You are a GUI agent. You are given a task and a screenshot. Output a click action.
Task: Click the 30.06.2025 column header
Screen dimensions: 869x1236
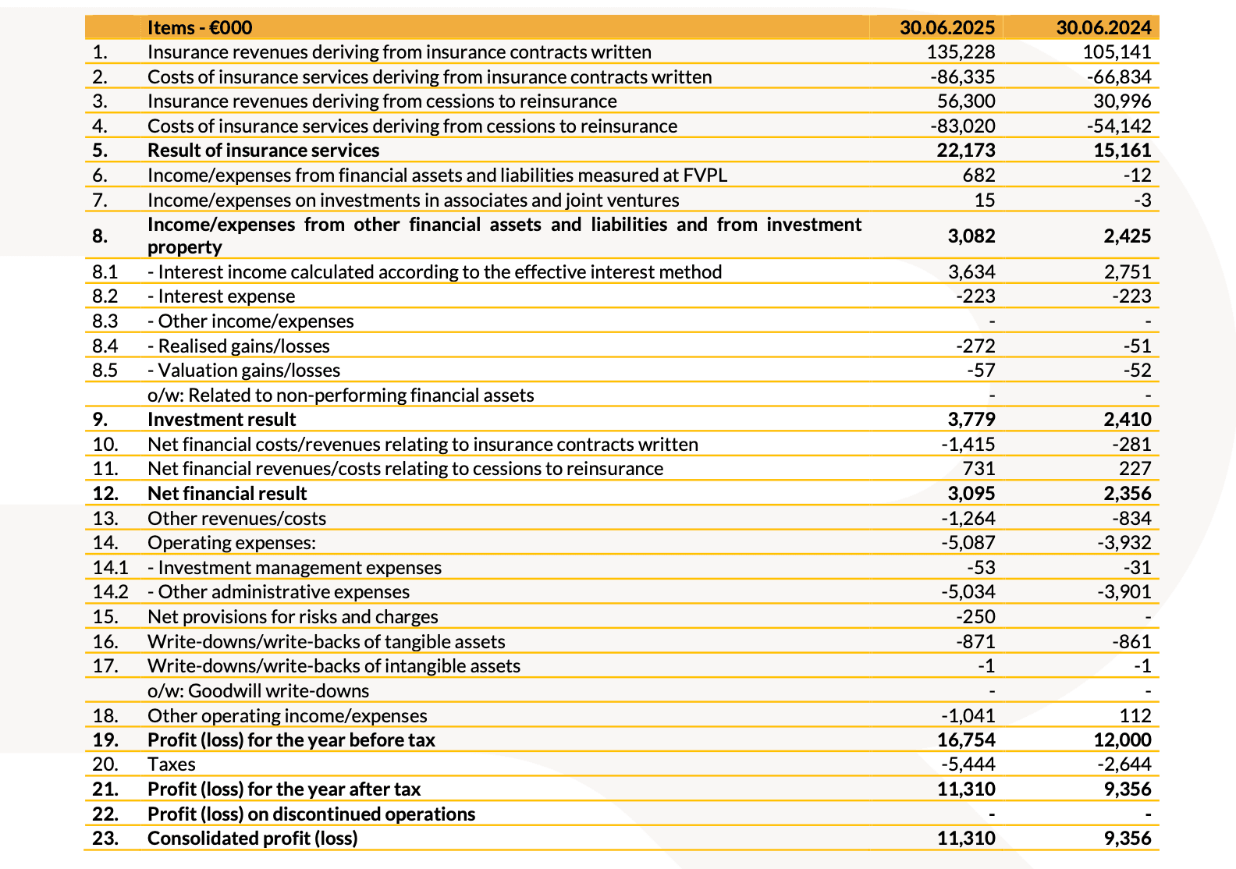click(947, 28)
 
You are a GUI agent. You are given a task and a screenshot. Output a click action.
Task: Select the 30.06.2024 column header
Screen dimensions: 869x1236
click(1103, 28)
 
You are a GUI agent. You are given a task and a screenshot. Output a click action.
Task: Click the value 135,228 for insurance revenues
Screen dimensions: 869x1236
click(961, 52)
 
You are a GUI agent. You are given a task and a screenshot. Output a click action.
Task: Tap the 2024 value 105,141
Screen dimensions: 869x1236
click(1117, 52)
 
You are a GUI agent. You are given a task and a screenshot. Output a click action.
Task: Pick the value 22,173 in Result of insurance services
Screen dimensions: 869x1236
click(965, 151)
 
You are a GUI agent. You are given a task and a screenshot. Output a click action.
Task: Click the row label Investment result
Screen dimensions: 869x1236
click(222, 420)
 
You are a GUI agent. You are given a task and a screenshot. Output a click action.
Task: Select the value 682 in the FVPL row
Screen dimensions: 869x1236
click(978, 176)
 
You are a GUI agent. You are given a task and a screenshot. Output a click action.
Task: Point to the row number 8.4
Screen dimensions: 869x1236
click(105, 346)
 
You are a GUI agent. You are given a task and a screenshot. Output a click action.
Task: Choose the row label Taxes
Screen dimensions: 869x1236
click(171, 764)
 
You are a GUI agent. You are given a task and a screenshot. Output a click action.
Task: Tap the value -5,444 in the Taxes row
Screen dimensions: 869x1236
click(968, 764)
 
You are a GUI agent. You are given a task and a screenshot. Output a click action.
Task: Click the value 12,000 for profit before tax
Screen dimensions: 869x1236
click(1121, 740)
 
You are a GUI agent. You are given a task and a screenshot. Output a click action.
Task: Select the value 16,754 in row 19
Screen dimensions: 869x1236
click(965, 740)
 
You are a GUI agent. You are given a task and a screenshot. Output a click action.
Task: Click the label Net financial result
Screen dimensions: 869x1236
click(227, 494)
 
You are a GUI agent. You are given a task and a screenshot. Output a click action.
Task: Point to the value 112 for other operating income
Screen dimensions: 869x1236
click(1135, 715)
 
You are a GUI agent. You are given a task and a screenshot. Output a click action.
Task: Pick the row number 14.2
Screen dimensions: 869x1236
click(110, 592)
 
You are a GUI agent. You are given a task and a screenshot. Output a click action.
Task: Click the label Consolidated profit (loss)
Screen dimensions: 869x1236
click(252, 839)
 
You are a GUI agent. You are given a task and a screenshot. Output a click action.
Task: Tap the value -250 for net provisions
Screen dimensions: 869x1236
click(975, 617)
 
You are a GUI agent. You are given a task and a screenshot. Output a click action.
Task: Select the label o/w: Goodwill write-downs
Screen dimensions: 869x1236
click(258, 691)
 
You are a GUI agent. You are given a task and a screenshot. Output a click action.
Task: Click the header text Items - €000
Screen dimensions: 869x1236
click(200, 28)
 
